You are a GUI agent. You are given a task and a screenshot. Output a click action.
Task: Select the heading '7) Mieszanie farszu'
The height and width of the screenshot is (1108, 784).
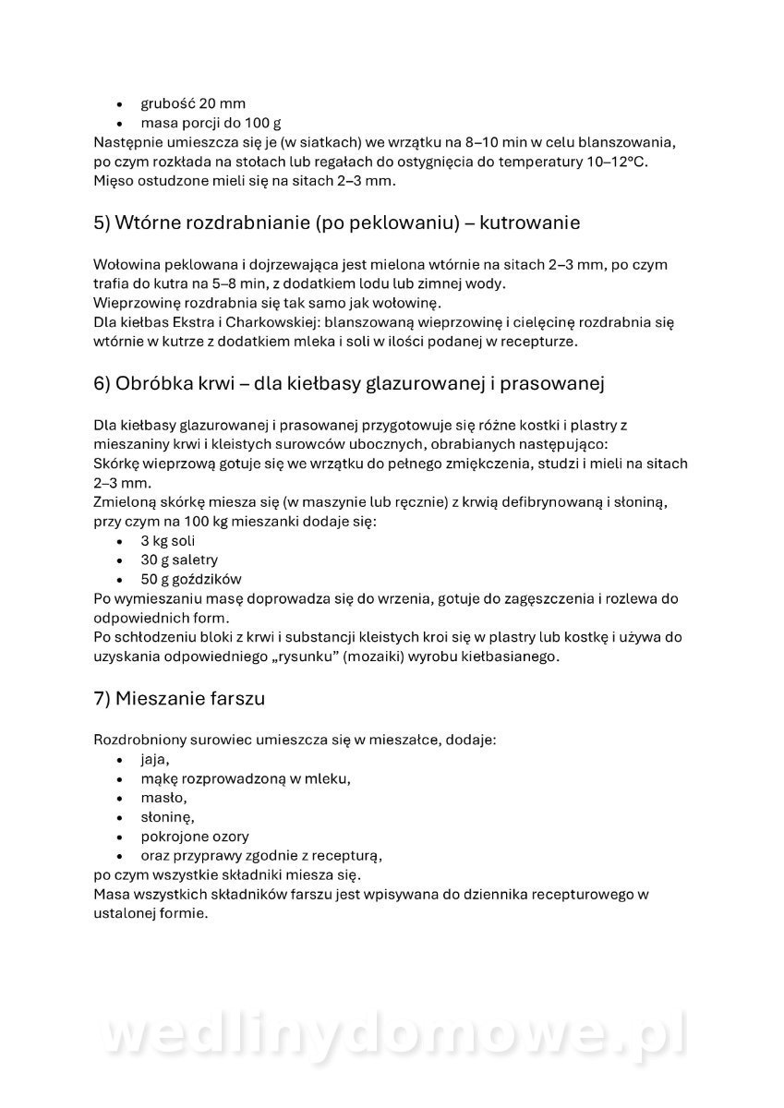tap(179, 698)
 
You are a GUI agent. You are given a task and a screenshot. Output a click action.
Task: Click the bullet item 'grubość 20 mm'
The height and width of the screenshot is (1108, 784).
tap(192, 103)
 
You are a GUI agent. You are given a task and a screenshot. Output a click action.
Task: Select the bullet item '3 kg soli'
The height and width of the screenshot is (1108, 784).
tap(167, 540)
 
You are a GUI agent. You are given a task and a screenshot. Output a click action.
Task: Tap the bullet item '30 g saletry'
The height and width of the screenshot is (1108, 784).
tap(178, 560)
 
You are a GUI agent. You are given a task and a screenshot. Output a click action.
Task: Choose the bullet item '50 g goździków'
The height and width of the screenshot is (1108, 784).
tap(190, 579)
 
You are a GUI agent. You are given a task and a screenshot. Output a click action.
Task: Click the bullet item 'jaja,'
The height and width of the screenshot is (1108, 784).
tap(154, 759)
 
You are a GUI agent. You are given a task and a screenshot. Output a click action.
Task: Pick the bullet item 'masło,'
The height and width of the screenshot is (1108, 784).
tap(163, 798)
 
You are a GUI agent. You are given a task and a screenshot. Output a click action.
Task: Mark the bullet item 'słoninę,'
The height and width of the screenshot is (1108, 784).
tap(167, 817)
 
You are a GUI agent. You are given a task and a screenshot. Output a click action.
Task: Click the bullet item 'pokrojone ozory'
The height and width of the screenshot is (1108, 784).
tap(194, 837)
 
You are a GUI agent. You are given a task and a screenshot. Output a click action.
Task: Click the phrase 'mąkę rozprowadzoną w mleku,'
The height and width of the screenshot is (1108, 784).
tap(246, 778)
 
